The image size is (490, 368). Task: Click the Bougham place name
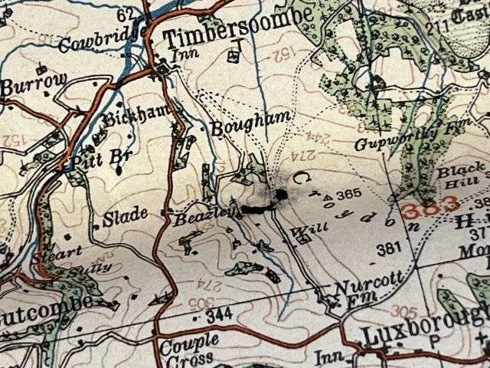click(242, 123)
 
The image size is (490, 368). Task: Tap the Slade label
click(126, 216)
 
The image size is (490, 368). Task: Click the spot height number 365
click(348, 194)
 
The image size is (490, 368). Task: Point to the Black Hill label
click(460, 176)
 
